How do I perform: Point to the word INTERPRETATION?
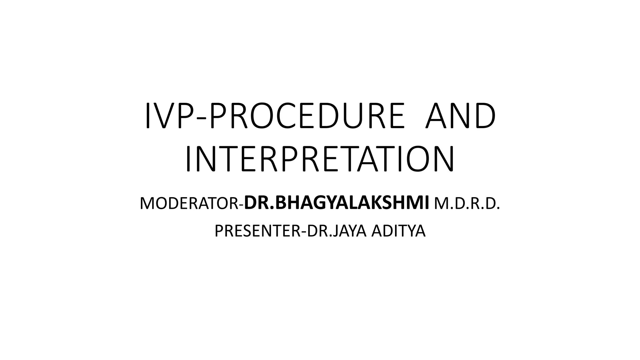click(320, 160)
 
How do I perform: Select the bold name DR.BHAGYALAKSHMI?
click(337, 203)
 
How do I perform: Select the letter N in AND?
click(460, 116)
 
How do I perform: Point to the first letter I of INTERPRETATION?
click(188, 160)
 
